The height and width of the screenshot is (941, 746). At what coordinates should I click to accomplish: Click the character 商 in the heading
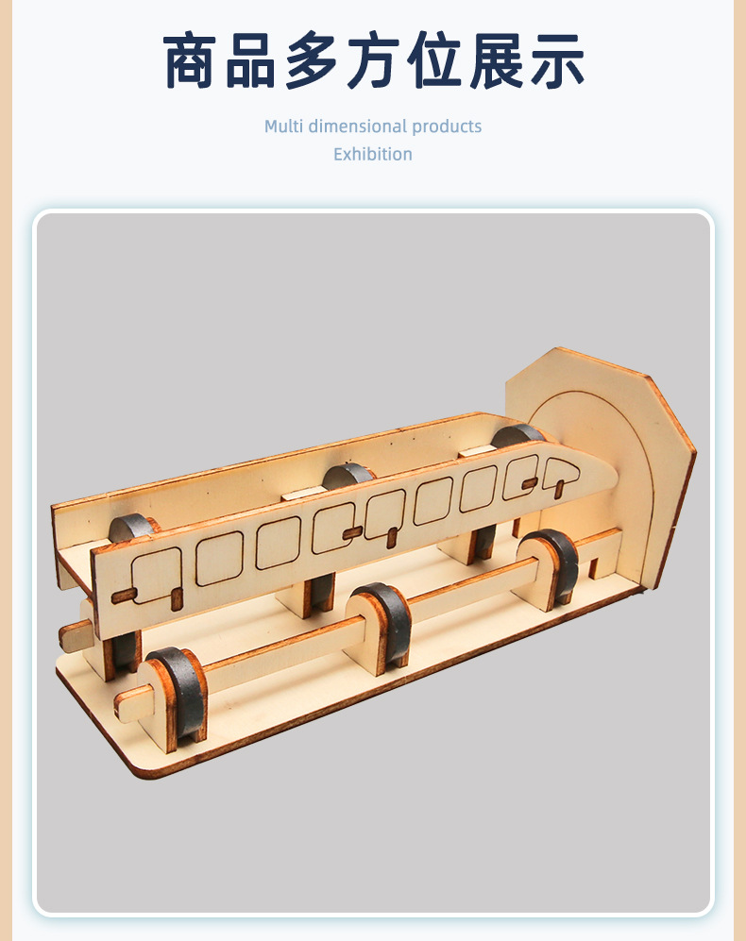pos(189,61)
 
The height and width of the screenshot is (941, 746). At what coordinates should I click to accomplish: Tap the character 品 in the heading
pos(250,61)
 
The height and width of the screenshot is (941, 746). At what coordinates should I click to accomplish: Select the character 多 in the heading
pos(312,61)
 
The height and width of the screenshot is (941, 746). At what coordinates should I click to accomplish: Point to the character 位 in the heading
pos(433,61)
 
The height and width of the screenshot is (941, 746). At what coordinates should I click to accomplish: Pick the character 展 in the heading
pos(496,61)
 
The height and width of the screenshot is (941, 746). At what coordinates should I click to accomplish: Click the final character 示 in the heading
pos(557,61)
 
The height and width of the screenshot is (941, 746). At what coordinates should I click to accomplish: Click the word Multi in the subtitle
pos(283,126)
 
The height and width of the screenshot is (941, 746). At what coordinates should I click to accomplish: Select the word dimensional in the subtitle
pos(357,126)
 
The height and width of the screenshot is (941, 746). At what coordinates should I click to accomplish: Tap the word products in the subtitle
pos(447,127)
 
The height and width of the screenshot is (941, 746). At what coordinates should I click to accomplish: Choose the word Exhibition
pos(373,154)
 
